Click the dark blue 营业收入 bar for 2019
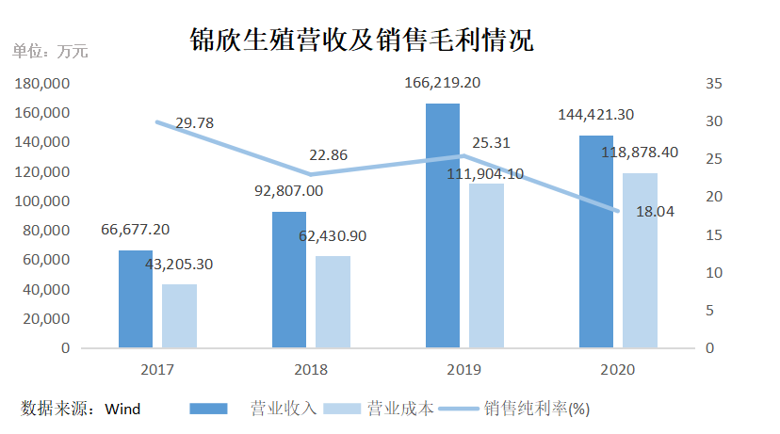pyautogui.click(x=442, y=226)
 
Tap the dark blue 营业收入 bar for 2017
pyautogui.click(x=136, y=298)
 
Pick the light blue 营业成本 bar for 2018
pyautogui.click(x=333, y=301)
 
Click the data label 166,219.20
pyautogui.click(x=442, y=83)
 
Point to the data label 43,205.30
pyautogui.click(x=179, y=265)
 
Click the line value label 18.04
pyautogui.click(x=656, y=213)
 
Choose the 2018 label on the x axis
pyautogui.click(x=311, y=370)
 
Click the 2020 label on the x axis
pyautogui.click(x=619, y=370)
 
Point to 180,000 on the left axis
pyautogui.click(x=43, y=84)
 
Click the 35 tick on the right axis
pyautogui.click(x=713, y=84)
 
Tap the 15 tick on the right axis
pyautogui.click(x=713, y=235)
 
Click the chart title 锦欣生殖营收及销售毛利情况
pyautogui.click(x=361, y=40)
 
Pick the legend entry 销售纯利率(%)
pyautogui.click(x=537, y=409)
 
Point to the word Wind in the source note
pyautogui.click(x=122, y=409)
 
